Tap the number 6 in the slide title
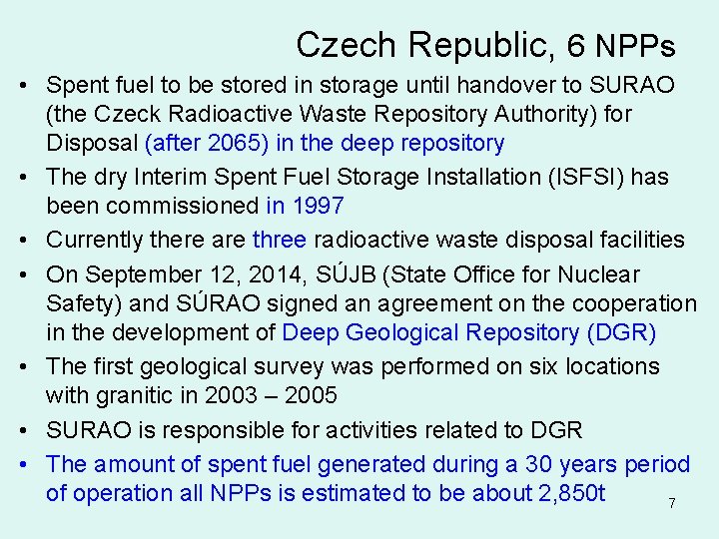pos(576,45)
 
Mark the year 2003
pos(230,395)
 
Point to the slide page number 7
pos(672,504)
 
